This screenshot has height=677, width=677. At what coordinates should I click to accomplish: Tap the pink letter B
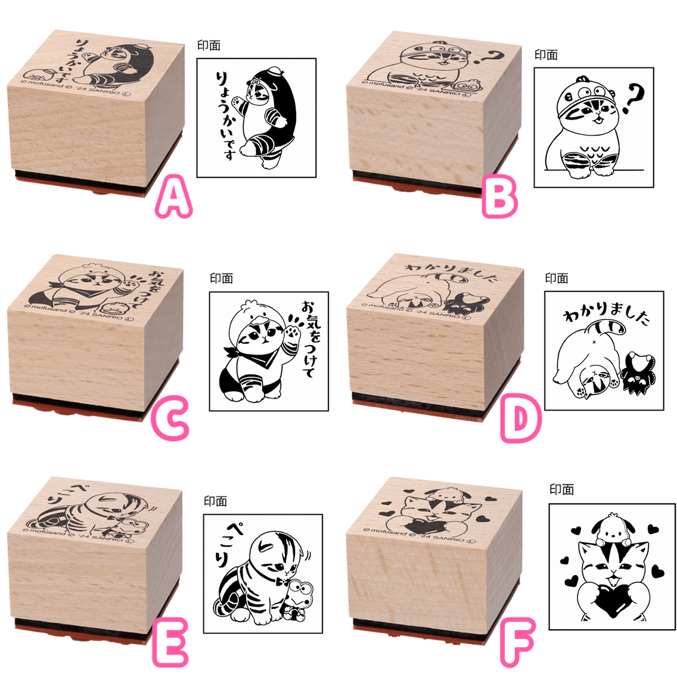click(x=499, y=199)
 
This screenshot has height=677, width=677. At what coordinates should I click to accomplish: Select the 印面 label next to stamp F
click(x=561, y=489)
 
